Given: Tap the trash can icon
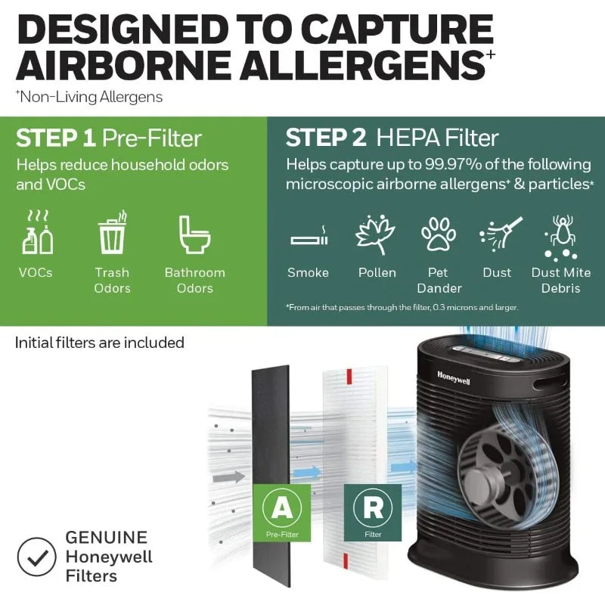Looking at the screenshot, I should [112, 234].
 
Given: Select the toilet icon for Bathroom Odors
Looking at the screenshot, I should [194, 235].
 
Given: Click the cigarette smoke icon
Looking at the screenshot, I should [308, 237].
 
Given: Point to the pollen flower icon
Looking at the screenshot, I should [376, 234].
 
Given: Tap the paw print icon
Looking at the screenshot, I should [439, 234].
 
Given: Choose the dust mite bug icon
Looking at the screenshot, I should [561, 236].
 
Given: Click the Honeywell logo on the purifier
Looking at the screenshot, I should [453, 377].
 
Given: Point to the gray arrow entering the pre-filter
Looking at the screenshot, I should [229, 477].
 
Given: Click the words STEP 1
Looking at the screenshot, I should [55, 138].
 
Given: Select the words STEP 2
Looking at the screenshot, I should [326, 138].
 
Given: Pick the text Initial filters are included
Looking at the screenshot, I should [99, 343].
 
